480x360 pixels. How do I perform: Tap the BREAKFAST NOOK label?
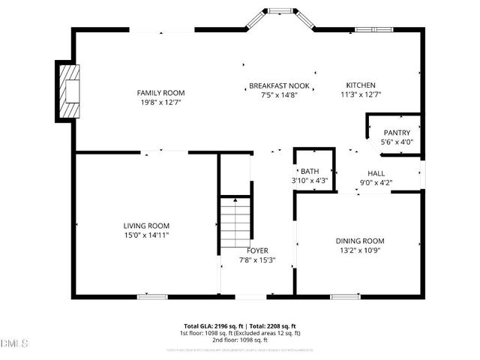[279, 85]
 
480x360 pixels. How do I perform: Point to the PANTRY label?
[397, 133]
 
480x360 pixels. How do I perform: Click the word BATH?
[310, 171]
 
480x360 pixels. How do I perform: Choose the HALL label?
[376, 172]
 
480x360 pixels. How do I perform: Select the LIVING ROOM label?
[146, 226]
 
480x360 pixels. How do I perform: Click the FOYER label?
[257, 250]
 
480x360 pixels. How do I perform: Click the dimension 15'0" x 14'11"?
[146, 235]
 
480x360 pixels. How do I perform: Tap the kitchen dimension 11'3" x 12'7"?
[361, 94]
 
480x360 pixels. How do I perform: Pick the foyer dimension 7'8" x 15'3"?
[257, 260]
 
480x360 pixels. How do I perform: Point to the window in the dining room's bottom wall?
[344, 296]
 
